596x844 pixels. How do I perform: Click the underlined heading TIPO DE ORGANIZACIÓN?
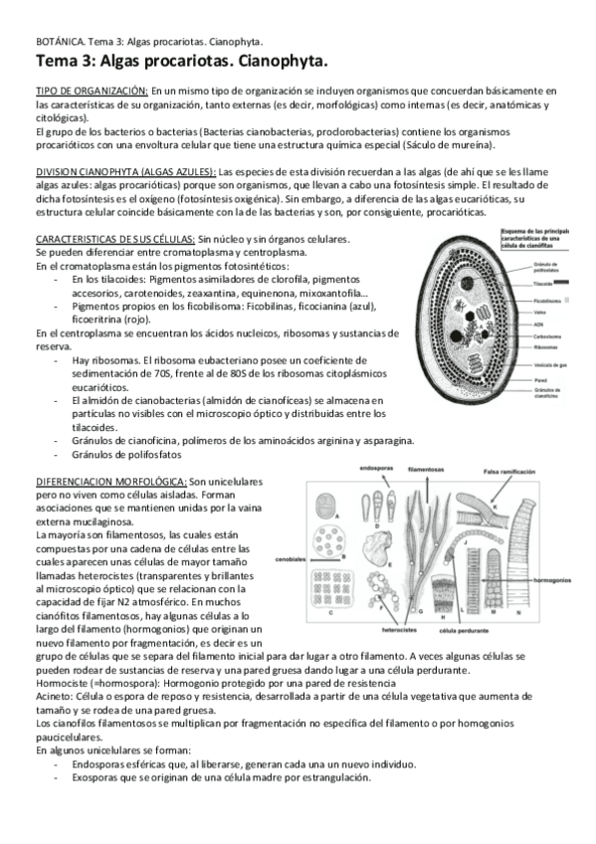(93, 91)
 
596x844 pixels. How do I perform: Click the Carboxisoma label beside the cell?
(547, 336)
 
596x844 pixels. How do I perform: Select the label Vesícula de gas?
(551, 364)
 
